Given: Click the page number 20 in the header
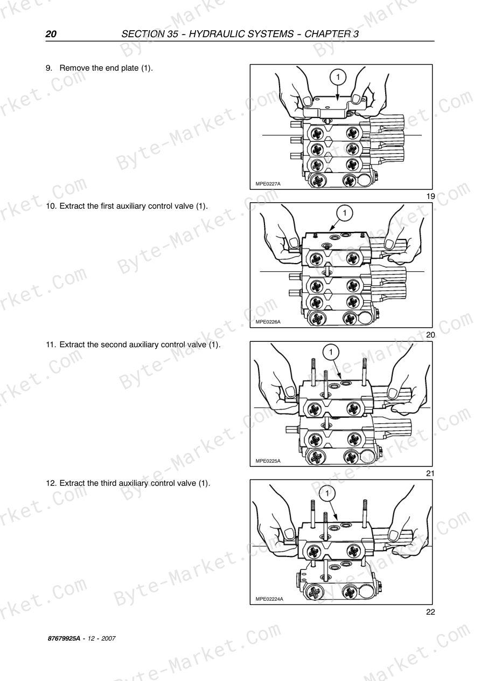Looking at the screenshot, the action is pyautogui.click(x=51, y=34).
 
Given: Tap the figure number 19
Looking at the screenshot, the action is pyautogui.click(x=430, y=196).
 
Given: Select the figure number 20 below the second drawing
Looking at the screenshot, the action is pyautogui.click(x=430, y=335).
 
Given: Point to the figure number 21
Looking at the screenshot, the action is pyautogui.click(x=430, y=473).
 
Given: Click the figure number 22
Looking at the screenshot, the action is pyautogui.click(x=430, y=612).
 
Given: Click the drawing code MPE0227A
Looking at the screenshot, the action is pyautogui.click(x=268, y=184).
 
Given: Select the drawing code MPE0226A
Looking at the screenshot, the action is pyautogui.click(x=268, y=322).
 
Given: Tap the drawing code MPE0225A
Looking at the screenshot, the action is pyautogui.click(x=268, y=461).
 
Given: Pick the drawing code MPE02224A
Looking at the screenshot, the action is pyautogui.click(x=269, y=599).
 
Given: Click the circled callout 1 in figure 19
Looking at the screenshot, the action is pyautogui.click(x=338, y=78).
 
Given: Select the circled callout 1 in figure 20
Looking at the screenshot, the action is pyautogui.click(x=345, y=213).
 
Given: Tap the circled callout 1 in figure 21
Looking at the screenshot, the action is pyautogui.click(x=331, y=352).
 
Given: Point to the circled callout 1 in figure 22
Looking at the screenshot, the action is pyautogui.click(x=327, y=493).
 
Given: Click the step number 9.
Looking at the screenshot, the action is pyautogui.click(x=49, y=68).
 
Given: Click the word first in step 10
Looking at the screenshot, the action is pyautogui.click(x=107, y=206).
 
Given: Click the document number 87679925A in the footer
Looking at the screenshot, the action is pyautogui.click(x=64, y=638).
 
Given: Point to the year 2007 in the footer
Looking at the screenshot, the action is pyautogui.click(x=108, y=638).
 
